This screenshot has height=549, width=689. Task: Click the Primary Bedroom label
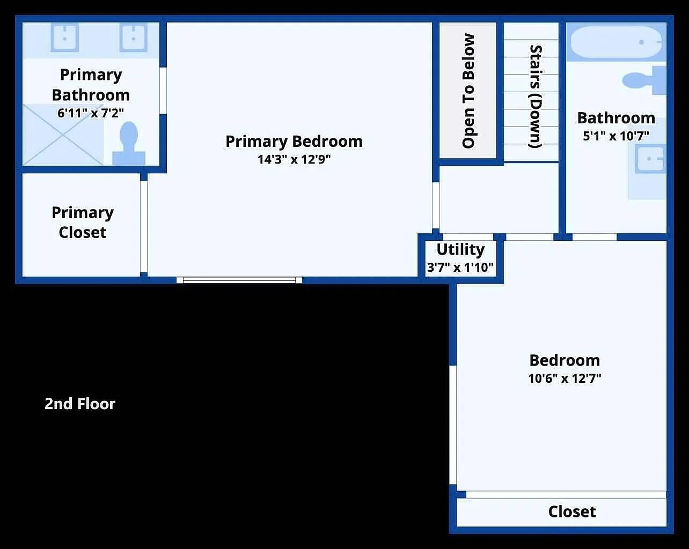(294, 142)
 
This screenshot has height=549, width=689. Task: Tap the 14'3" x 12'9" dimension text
(294, 159)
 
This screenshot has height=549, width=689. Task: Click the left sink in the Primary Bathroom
(65, 38)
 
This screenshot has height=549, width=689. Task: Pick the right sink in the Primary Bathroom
(134, 38)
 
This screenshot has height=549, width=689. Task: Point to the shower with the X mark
(63, 135)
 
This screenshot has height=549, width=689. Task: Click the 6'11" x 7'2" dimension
(91, 113)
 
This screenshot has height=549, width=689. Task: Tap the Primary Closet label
(83, 222)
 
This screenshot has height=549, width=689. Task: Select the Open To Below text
(468, 91)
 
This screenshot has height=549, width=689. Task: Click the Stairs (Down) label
(536, 97)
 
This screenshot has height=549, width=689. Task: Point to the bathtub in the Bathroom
(617, 42)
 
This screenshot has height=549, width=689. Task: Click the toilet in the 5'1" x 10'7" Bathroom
(644, 80)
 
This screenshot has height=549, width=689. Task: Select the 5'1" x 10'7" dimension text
(616, 136)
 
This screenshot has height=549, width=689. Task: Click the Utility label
(460, 249)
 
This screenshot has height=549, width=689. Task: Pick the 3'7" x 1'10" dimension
(460, 267)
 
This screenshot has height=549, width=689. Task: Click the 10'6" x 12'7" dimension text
(565, 379)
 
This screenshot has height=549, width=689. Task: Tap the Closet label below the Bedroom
(572, 511)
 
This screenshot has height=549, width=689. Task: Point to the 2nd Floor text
(80, 404)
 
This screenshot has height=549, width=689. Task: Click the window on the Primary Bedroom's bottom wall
(239, 280)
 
